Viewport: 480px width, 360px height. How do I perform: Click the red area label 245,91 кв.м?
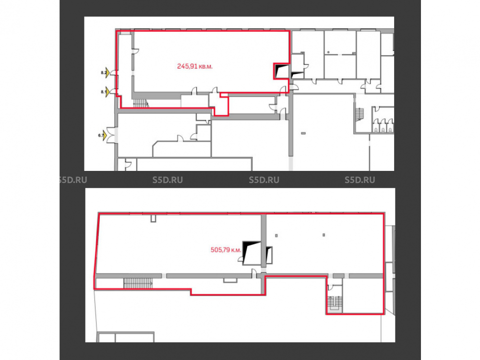click(195, 66)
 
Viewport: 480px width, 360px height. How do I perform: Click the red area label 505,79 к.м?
click(226, 250)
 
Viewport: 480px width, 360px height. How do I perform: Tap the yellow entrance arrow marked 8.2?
click(108, 72)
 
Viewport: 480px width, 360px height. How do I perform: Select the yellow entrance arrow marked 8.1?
click(108, 92)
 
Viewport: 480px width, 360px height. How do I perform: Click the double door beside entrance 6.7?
click(111, 135)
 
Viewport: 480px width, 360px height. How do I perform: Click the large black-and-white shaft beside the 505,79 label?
click(252, 253)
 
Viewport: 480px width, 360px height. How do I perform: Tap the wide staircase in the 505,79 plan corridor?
click(138, 283)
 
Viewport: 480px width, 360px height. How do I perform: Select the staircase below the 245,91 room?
click(141, 103)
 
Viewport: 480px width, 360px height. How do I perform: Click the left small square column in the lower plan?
click(276, 235)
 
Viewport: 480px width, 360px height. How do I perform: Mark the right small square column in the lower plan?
click(324, 235)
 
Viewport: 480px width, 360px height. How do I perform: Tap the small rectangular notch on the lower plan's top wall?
click(154, 218)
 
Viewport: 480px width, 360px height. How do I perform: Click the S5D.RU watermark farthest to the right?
click(360, 180)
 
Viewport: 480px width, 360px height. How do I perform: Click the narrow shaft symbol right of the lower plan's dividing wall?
click(269, 255)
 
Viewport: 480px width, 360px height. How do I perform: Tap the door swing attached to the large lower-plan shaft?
click(240, 260)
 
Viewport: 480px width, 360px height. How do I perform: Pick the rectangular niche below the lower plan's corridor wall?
click(230, 280)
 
